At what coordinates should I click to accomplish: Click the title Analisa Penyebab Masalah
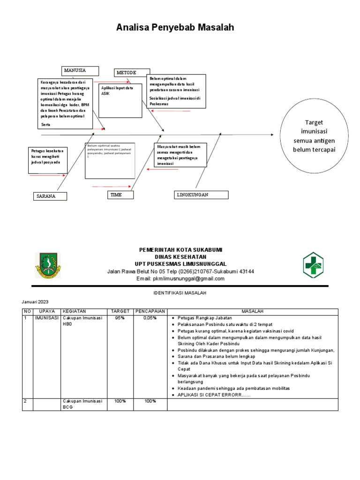175,28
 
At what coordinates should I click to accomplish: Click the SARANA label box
50,196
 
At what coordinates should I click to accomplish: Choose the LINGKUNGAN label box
201,195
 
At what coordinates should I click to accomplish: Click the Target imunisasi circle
315,136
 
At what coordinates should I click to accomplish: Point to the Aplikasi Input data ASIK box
120,100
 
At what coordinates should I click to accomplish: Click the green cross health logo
315,265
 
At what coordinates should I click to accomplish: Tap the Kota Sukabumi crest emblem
48,265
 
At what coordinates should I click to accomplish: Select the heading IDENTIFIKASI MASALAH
180,292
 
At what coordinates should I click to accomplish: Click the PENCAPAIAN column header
150,311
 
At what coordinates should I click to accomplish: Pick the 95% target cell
120,318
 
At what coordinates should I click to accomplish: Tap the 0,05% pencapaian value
150,318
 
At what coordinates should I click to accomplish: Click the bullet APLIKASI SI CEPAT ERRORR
213,395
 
